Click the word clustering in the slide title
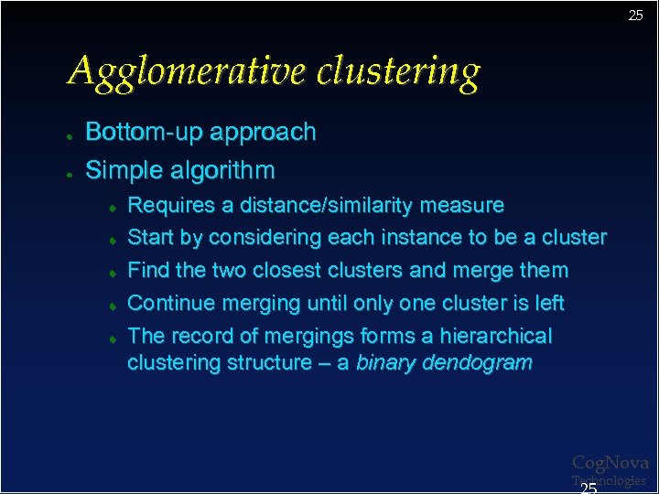(x=398, y=71)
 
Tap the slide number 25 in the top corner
(x=635, y=16)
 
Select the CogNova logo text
(x=610, y=464)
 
